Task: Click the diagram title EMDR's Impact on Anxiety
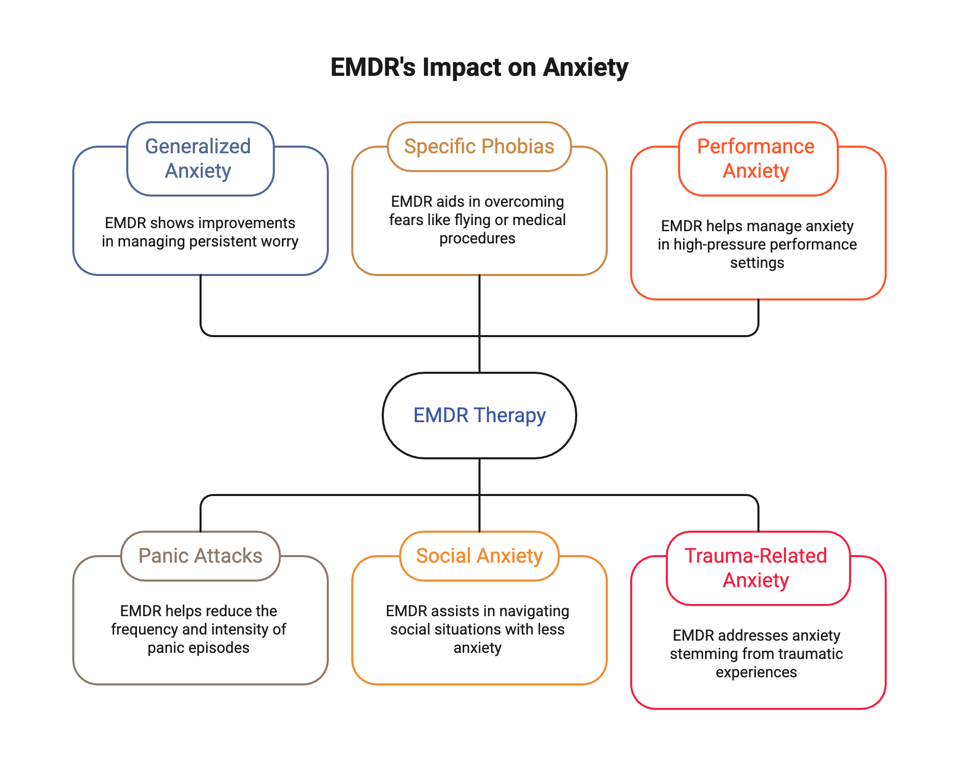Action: [479, 67]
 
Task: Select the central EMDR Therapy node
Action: [479, 415]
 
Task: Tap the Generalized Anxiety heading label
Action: [199, 158]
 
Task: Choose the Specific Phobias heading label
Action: [479, 147]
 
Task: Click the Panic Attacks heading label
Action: [201, 556]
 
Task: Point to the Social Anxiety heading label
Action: [479, 556]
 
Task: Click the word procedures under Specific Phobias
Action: [477, 238]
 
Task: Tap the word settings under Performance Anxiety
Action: [757, 263]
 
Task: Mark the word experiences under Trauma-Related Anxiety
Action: [756, 672]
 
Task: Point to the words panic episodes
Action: [199, 648]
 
